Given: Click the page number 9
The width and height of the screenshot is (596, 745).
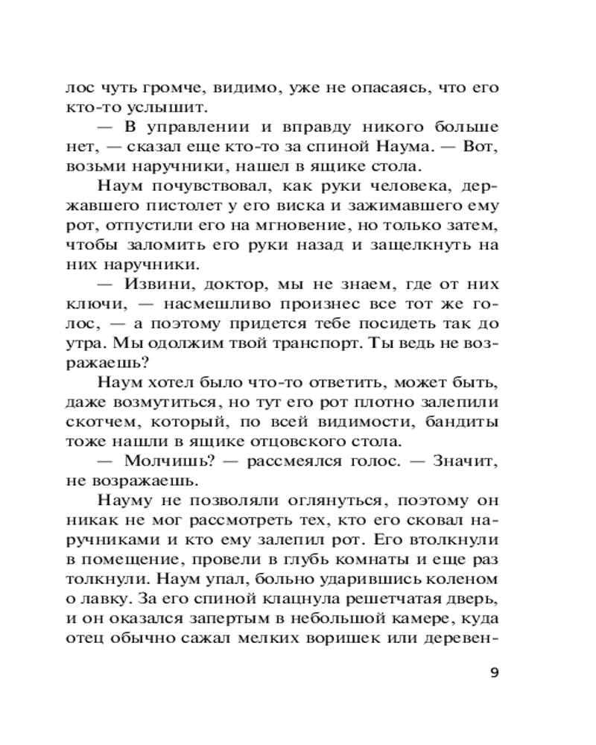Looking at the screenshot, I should [x=495, y=673].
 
